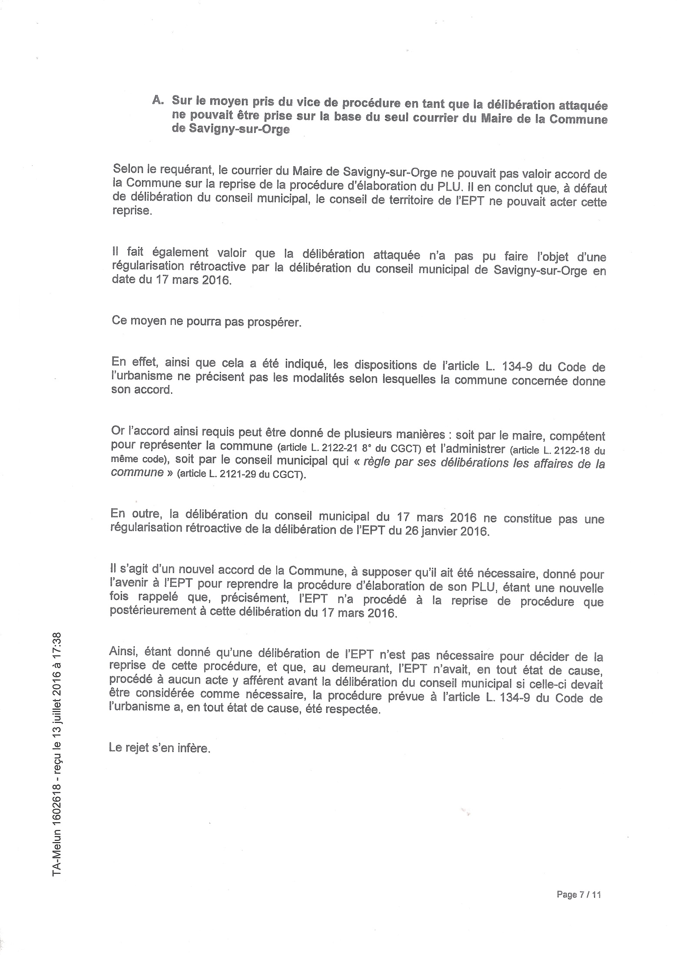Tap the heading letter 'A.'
pos(157,100)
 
